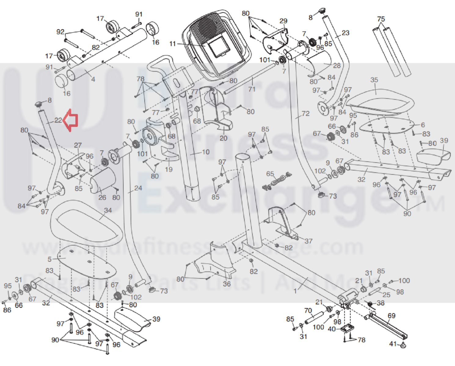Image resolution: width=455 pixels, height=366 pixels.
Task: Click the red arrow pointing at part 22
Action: tap(71, 120)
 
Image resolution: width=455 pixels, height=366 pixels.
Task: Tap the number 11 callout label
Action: tap(173, 44)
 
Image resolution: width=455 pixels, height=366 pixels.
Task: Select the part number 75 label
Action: tap(381, 19)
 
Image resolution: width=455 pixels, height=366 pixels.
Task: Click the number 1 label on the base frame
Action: tap(295, 291)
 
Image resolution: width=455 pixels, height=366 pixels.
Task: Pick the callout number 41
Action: tap(393, 344)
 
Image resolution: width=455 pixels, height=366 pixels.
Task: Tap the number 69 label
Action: tap(391, 315)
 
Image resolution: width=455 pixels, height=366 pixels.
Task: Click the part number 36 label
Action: tap(227, 284)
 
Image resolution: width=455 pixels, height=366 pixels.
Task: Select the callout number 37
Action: tap(308, 241)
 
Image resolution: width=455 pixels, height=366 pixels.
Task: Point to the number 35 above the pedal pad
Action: tap(374, 80)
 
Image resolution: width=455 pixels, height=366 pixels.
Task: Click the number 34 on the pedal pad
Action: tap(108, 210)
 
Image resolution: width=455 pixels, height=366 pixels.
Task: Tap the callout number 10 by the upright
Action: tap(206, 152)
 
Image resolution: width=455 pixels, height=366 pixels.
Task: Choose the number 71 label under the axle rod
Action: tap(252, 89)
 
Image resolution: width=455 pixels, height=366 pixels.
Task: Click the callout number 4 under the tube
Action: tap(93, 79)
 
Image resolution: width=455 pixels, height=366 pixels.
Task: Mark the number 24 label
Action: tap(138, 188)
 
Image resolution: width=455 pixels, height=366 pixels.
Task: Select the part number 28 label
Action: tap(337, 65)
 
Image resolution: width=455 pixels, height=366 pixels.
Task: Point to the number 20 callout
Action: tap(224, 138)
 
